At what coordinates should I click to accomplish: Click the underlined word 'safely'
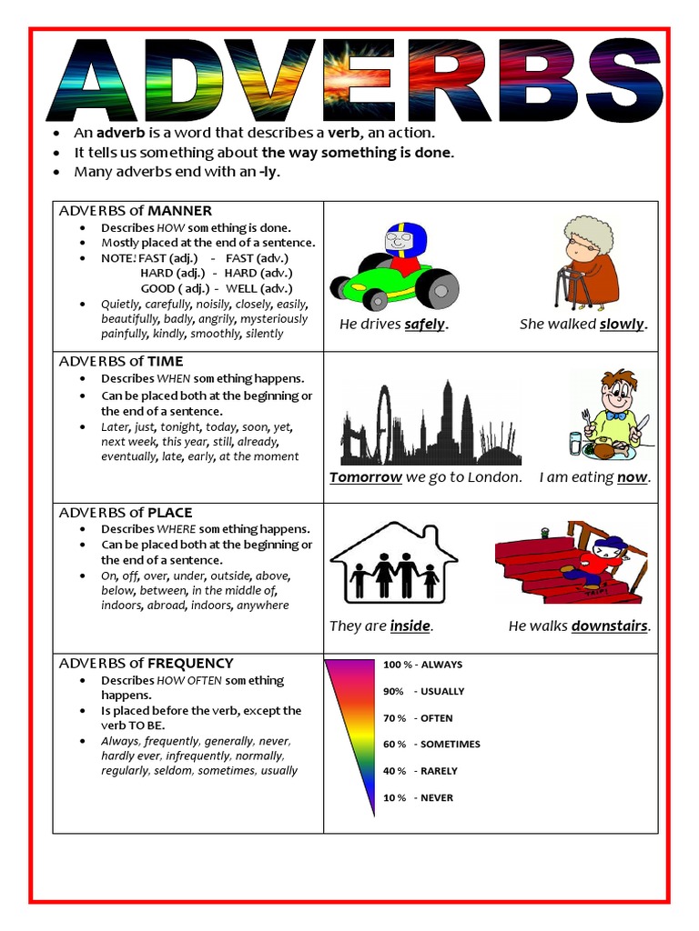(x=425, y=325)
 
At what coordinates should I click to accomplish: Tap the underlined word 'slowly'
(x=622, y=325)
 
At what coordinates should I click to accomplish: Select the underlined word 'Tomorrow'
(x=366, y=477)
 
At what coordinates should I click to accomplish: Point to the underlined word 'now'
(x=632, y=477)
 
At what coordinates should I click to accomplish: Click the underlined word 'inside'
(x=410, y=626)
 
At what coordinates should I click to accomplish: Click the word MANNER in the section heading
(x=180, y=211)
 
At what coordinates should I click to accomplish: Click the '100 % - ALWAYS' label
(x=422, y=665)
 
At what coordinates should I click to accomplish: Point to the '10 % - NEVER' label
(x=418, y=798)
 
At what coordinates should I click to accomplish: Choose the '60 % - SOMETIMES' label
(x=431, y=745)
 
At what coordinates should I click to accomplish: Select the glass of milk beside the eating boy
(x=575, y=443)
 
